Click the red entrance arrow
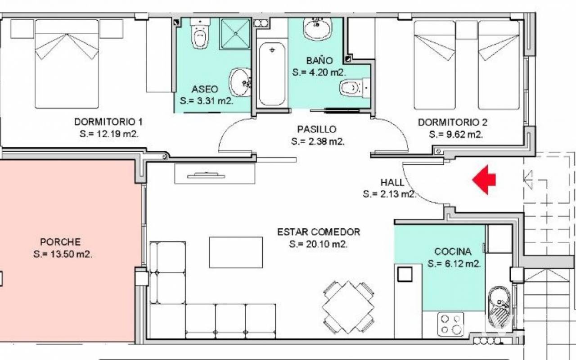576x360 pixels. [x=484, y=180]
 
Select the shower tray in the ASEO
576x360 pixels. [x=235, y=34]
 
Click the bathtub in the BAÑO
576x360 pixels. [x=272, y=73]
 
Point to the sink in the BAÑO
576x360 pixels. [x=318, y=28]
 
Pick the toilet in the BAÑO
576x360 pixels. [x=355, y=87]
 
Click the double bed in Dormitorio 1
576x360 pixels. [x=67, y=64]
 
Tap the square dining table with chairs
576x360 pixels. [x=348, y=307]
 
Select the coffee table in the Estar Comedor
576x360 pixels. [x=236, y=252]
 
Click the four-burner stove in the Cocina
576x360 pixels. [x=450, y=324]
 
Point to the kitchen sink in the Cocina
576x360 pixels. [x=499, y=307]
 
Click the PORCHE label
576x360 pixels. [x=60, y=242]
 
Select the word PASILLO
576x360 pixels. [x=317, y=129]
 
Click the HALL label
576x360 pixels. [x=392, y=183]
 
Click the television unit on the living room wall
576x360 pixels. [x=215, y=174]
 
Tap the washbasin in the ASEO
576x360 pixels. [x=240, y=82]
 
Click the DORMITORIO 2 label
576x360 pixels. [x=453, y=122]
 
